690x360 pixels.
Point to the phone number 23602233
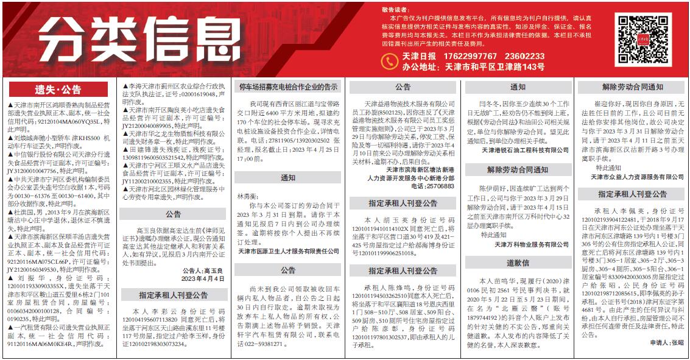click(x=524, y=56)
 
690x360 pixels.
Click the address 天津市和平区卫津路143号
click(x=494, y=67)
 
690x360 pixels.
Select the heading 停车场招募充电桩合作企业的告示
click(x=288, y=87)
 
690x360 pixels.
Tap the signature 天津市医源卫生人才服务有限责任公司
click(x=288, y=250)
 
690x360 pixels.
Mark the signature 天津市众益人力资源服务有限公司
click(x=637, y=177)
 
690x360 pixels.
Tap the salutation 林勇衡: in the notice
click(x=244, y=197)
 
